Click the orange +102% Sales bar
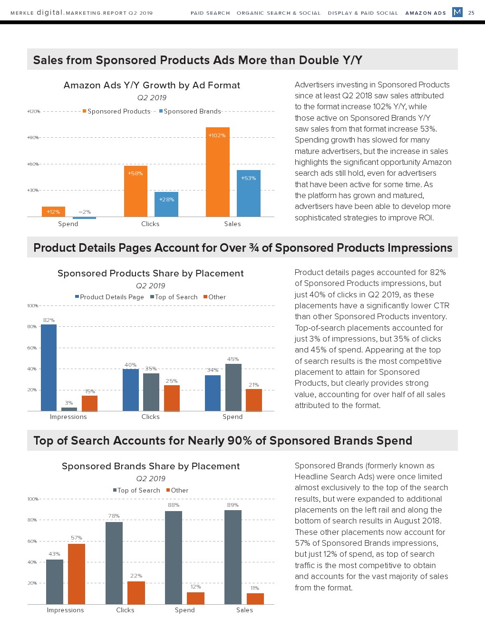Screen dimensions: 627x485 click(x=218, y=172)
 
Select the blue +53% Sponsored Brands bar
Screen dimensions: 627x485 click(x=248, y=193)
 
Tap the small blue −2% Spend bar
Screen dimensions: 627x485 click(x=84, y=218)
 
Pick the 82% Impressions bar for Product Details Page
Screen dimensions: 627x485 click(x=48, y=368)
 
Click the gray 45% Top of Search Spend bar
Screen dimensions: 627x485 click(x=233, y=387)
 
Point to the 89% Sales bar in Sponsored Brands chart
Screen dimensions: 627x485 click(x=233, y=557)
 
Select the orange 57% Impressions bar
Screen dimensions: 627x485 click(x=77, y=574)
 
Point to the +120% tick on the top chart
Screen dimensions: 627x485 click(x=33, y=111)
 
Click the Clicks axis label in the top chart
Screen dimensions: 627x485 click(x=150, y=224)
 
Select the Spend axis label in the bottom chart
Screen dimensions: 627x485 click(x=185, y=610)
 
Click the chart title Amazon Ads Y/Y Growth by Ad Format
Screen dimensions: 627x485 click(x=152, y=85)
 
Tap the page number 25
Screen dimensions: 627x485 click(x=471, y=13)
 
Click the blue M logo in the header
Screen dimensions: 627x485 click(x=457, y=12)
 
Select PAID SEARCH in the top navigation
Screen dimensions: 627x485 click(x=210, y=13)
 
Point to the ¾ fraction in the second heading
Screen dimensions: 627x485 click(x=254, y=247)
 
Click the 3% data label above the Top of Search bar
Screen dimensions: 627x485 click(x=69, y=403)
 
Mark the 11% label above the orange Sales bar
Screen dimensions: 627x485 click(x=255, y=588)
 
